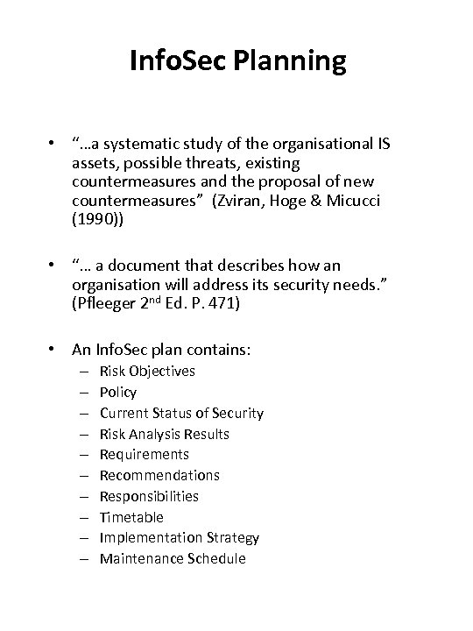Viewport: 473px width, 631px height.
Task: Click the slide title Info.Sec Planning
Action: tap(236, 61)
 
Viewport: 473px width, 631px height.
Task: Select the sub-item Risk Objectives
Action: tap(147, 371)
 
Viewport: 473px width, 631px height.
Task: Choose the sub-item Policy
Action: tap(118, 392)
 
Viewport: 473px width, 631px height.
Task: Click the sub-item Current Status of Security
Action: tap(181, 413)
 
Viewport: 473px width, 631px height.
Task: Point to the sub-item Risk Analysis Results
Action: tap(164, 434)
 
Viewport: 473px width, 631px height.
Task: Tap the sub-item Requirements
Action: tap(144, 454)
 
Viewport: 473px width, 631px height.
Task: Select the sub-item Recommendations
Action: tap(159, 475)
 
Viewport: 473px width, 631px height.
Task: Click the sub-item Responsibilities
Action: tap(149, 496)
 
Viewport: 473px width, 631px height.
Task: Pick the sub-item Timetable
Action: tap(131, 517)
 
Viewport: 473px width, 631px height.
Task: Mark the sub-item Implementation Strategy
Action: tap(179, 538)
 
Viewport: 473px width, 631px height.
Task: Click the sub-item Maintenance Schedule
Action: tap(173, 559)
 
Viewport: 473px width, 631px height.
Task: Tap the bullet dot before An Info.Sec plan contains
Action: tap(55, 349)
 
